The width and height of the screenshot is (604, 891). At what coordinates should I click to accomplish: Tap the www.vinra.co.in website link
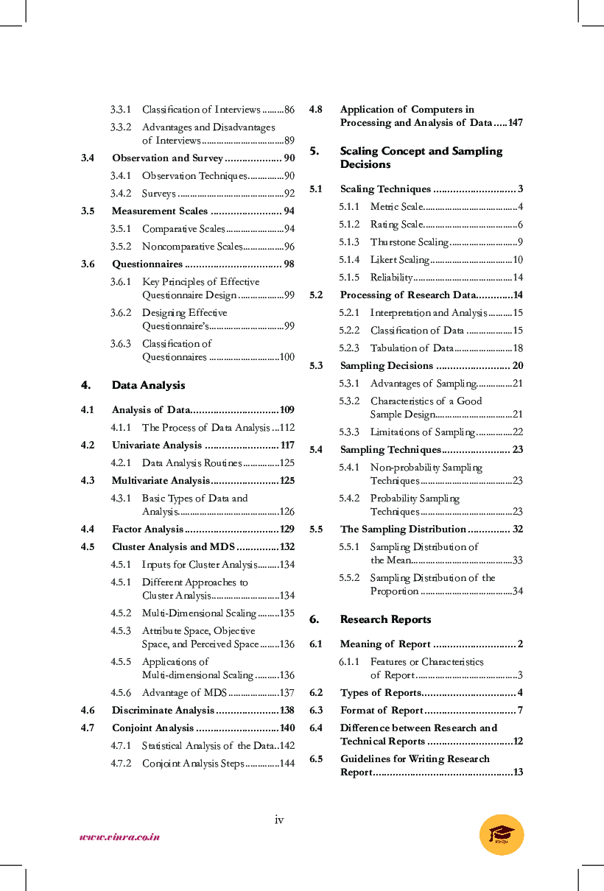click(119, 837)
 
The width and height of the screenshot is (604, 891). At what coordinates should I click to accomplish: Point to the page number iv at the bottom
click(279, 820)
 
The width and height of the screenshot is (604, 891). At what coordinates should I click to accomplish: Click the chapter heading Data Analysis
click(148, 385)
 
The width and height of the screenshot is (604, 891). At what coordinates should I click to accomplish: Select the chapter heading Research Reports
click(385, 619)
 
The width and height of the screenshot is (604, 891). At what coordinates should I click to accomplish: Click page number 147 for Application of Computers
click(515, 123)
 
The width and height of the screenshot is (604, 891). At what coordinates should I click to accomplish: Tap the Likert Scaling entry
click(399, 260)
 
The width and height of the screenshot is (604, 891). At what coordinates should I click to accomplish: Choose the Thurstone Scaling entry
click(409, 242)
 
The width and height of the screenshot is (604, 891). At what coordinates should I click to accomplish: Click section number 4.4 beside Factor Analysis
click(88, 529)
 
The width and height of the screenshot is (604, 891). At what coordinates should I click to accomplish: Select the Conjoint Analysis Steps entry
click(192, 764)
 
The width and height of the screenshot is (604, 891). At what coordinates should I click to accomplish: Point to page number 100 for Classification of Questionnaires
click(286, 357)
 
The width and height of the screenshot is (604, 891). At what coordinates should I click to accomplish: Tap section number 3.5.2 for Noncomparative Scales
click(121, 247)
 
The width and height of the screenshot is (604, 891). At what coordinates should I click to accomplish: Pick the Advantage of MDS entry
click(183, 693)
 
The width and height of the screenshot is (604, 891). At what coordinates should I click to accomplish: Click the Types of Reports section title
click(380, 693)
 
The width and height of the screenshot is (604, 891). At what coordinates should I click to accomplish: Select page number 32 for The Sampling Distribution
click(517, 529)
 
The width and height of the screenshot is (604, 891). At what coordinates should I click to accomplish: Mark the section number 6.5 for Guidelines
click(316, 759)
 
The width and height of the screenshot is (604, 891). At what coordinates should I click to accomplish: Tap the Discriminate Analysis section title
click(162, 711)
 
